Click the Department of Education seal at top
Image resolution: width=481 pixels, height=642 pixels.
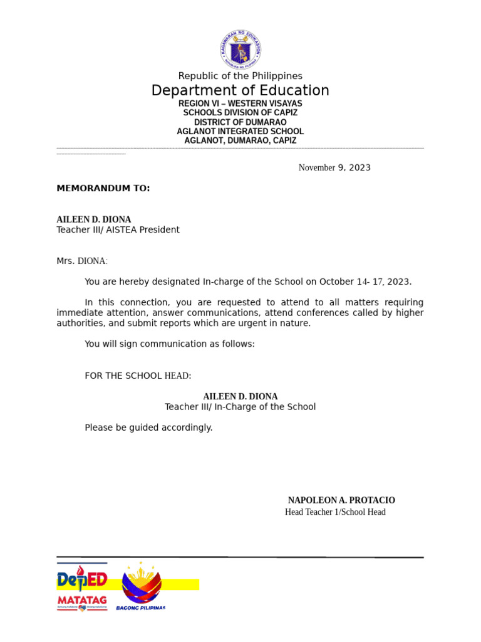pos(240,50)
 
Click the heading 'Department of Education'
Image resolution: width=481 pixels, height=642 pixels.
pos(240,90)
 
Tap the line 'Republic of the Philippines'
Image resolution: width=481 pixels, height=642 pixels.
pos(240,76)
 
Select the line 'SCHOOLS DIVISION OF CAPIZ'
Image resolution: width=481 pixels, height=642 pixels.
pos(240,113)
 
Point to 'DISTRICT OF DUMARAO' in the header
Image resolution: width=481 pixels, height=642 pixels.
pos(240,122)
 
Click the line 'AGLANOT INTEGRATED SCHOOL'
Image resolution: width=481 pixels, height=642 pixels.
pos(240,132)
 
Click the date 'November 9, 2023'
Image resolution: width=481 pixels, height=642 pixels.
pos(334,167)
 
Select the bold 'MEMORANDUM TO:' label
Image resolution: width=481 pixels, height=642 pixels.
pos(103,188)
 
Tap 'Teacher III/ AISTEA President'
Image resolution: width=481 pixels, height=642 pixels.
pos(118,230)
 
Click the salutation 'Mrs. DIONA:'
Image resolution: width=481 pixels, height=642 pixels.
pos(82,261)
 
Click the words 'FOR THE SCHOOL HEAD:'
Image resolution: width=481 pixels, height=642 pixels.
pos(138,376)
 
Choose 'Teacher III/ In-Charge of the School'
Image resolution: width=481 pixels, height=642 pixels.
pos(240,407)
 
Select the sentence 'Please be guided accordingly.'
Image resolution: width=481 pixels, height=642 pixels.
pos(148,428)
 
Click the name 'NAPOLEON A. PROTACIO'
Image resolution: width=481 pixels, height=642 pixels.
pos(341,500)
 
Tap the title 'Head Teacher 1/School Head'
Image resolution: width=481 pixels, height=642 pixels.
pos(335,512)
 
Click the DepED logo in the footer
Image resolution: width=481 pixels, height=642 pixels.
pos(82,580)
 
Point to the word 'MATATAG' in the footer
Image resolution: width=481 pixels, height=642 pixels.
pos(82,600)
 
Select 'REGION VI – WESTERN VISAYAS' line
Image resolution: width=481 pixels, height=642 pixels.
pos(240,103)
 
